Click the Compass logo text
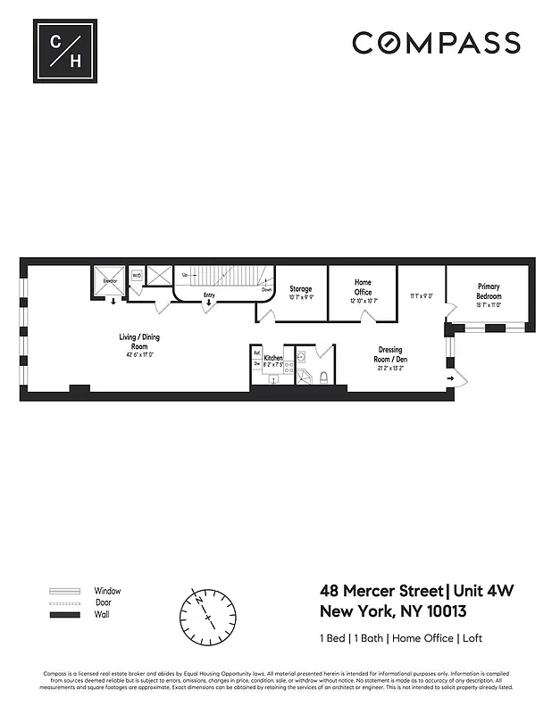click(x=436, y=43)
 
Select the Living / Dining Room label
click(x=139, y=341)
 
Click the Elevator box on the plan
click(x=111, y=278)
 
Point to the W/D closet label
click(x=137, y=276)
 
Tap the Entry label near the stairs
click(x=208, y=295)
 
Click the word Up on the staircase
click(x=185, y=275)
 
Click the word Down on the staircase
click(x=266, y=290)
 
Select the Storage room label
click(x=300, y=289)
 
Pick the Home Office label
click(x=363, y=286)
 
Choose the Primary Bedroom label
click(x=489, y=292)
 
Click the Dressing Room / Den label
click(x=389, y=354)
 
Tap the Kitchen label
click(x=273, y=358)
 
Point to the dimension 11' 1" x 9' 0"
click(x=421, y=296)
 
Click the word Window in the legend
click(x=107, y=591)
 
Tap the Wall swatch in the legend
click(x=63, y=616)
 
